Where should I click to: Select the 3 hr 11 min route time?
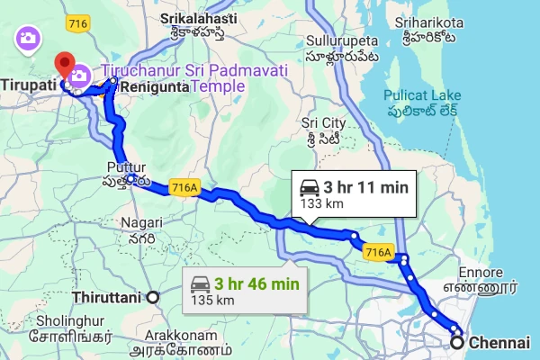(366, 187)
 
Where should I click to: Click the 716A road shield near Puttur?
(183, 187)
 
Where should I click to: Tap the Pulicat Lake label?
(422, 94)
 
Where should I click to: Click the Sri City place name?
(322, 121)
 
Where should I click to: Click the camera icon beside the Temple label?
(78, 76)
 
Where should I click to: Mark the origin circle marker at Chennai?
(458, 342)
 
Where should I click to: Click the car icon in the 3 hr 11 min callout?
(309, 187)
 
